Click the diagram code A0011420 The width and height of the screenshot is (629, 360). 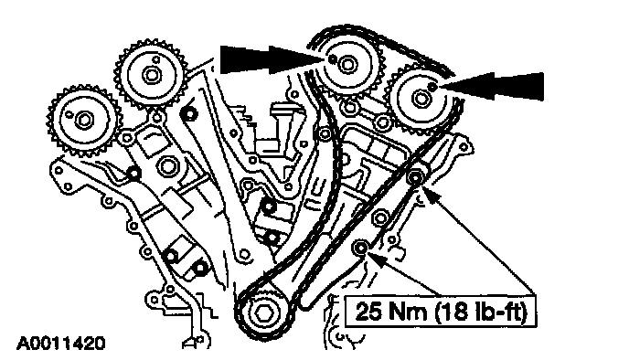coord(60,344)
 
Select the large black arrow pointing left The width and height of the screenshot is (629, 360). coord(492,86)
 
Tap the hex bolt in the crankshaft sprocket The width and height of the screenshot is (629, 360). coord(263,314)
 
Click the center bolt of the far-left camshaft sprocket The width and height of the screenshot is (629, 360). coord(84,121)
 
